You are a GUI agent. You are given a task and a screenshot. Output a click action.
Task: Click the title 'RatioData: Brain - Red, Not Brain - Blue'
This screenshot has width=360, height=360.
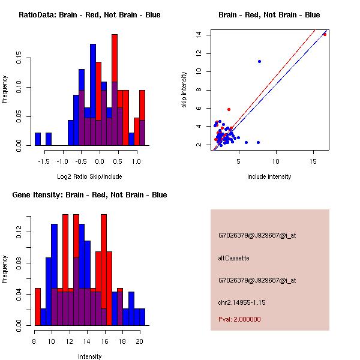pyautogui.click(x=89, y=15)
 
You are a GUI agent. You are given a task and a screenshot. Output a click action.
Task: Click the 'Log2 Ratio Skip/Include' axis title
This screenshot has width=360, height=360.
pyautogui.click(x=89, y=176)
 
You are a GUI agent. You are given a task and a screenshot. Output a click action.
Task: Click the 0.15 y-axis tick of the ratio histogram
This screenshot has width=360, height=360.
pyautogui.click(x=20, y=59)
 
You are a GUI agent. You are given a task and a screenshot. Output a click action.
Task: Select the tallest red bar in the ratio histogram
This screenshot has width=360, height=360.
pyautogui.click(x=115, y=90)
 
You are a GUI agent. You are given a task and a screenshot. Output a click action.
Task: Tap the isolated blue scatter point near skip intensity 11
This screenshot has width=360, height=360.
pyautogui.click(x=259, y=61)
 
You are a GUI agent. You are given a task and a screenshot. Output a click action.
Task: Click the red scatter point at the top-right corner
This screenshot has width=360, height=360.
pyautogui.click(x=325, y=34)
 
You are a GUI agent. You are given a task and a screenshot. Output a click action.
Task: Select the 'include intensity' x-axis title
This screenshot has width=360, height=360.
pyautogui.click(x=269, y=176)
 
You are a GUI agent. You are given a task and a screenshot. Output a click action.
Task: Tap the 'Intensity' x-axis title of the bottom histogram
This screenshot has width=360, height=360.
pyautogui.click(x=89, y=356)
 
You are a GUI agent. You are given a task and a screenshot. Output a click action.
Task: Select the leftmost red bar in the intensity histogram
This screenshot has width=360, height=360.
pyautogui.click(x=37, y=307)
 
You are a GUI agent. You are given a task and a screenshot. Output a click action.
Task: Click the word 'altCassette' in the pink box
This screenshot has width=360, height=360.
pyautogui.click(x=233, y=258)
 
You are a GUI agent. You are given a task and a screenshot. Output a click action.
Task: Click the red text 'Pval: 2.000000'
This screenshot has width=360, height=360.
pyautogui.click(x=239, y=319)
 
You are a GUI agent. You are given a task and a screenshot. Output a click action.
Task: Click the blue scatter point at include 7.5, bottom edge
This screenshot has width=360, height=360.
pyautogui.click(x=258, y=142)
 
